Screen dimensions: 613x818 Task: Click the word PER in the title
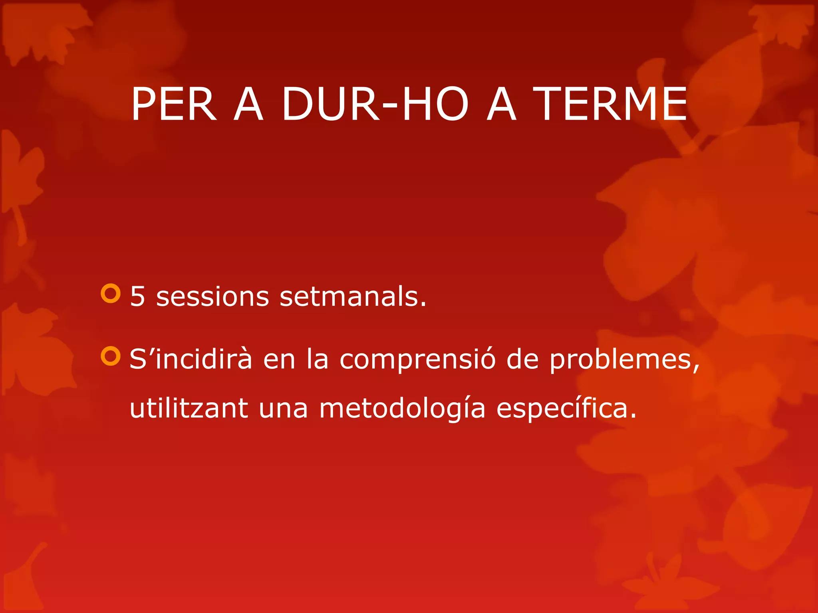174,105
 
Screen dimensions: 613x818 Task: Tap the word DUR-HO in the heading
375,105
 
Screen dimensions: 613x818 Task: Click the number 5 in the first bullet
137,297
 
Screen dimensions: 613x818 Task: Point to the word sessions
212,298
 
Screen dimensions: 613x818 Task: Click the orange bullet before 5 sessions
111,294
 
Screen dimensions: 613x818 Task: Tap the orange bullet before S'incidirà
111,356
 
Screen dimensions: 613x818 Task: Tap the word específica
566,409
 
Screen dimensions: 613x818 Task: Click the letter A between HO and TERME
502,105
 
